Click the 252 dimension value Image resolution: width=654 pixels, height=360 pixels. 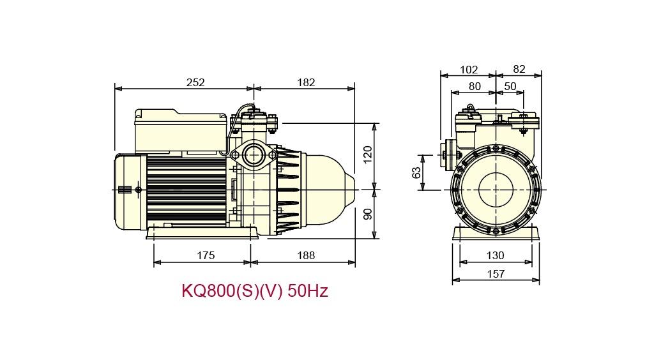[195, 82]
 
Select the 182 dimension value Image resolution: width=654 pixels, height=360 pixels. [306, 82]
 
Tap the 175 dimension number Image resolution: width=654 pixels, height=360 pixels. [205, 255]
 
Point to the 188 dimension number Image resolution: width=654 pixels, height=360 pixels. [306, 255]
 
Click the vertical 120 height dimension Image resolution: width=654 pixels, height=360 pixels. [367, 154]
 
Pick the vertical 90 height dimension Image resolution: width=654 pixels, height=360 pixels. [367, 214]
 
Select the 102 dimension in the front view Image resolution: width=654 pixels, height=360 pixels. [468, 70]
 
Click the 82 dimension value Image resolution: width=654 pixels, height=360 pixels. [519, 70]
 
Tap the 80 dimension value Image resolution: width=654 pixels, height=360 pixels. [475, 86]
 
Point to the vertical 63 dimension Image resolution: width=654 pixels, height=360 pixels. [416, 172]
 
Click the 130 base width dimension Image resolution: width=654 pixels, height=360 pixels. [495, 255]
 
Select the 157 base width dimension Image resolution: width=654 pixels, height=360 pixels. [495, 274]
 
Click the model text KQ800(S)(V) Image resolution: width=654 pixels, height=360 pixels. [232, 292]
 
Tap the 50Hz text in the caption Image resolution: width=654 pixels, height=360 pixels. [308, 292]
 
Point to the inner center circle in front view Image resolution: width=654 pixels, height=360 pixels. [496, 190]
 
